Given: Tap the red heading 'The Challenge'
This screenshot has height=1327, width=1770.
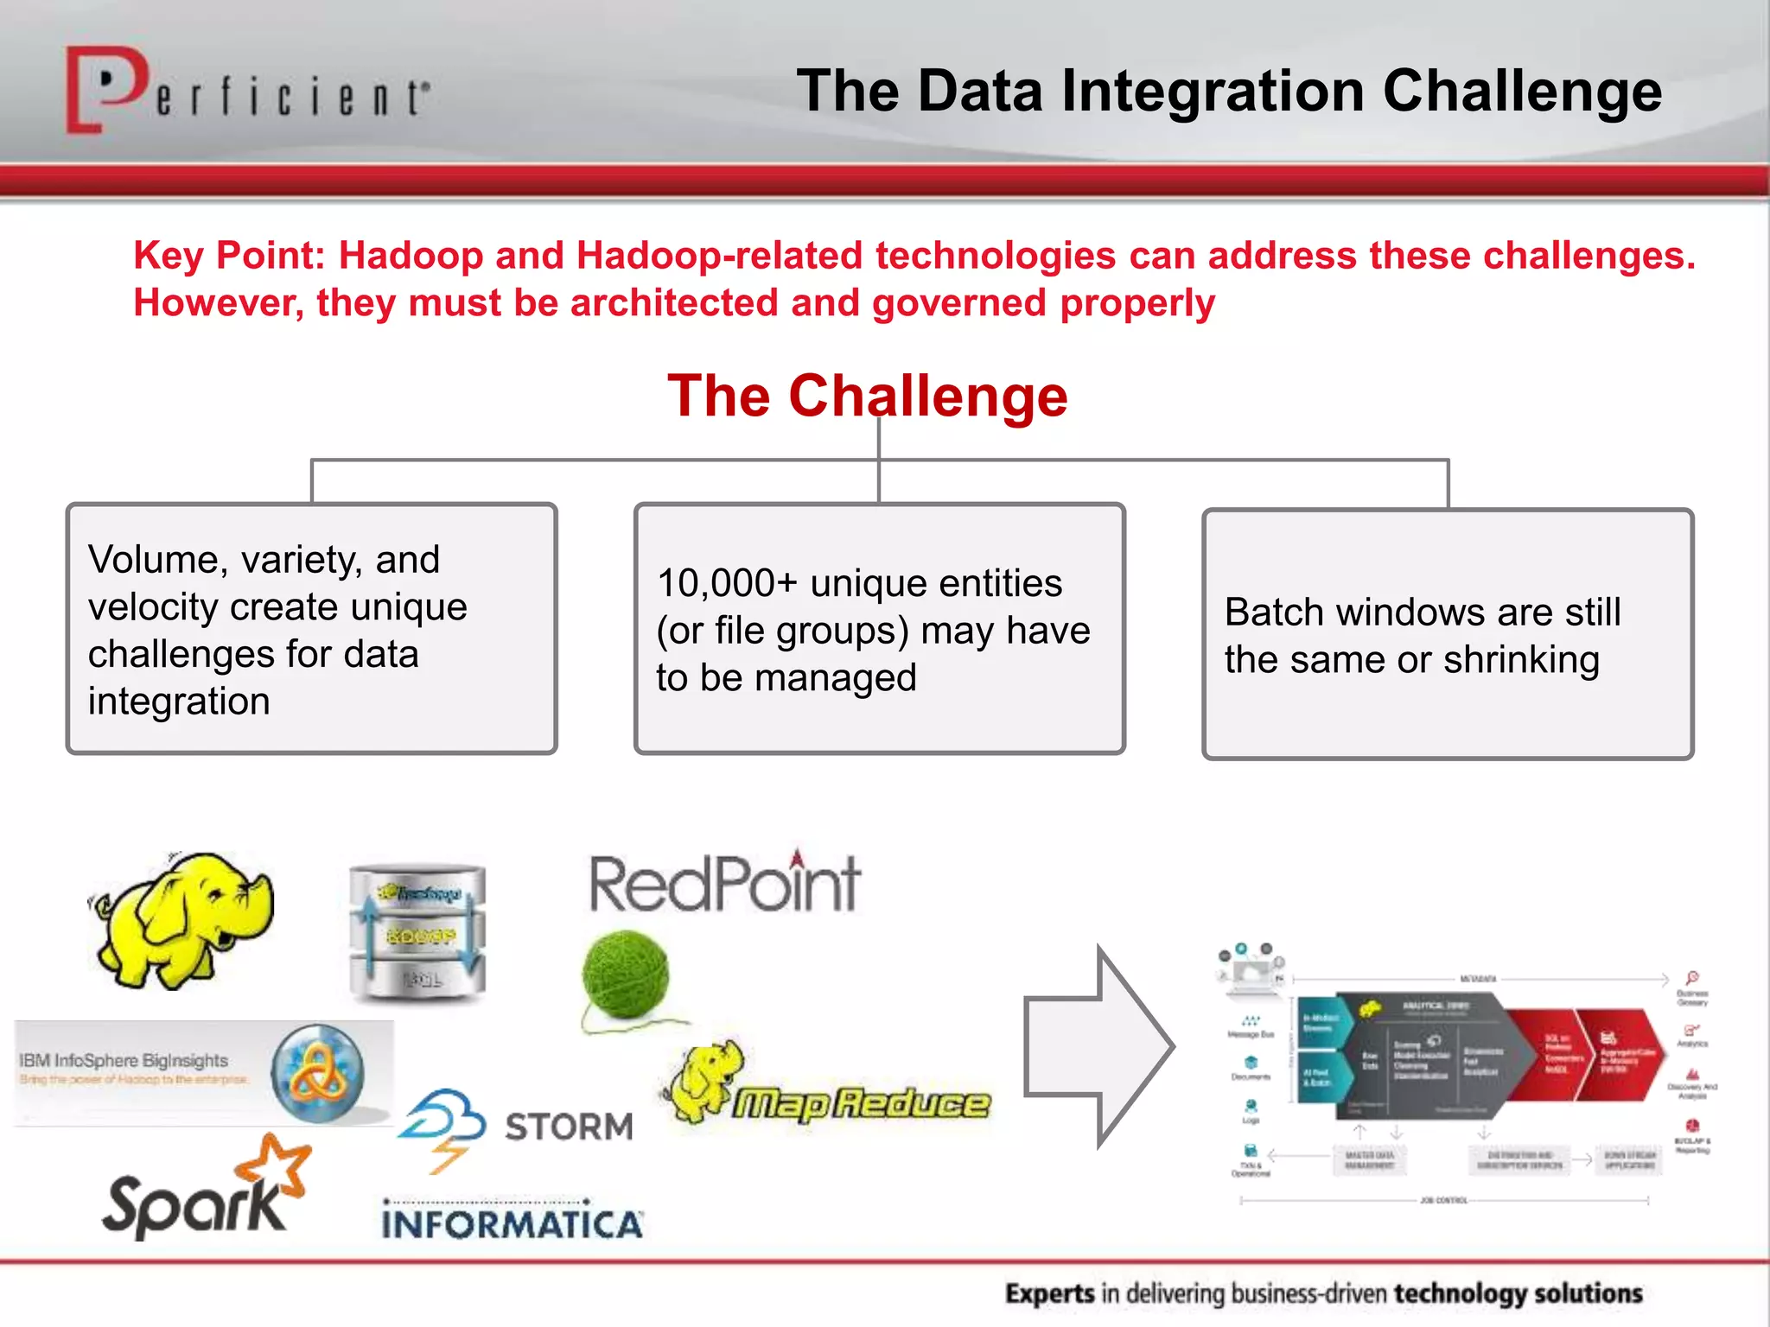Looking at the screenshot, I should tap(867, 396).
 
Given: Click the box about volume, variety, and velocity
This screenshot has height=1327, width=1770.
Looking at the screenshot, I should tap(311, 629).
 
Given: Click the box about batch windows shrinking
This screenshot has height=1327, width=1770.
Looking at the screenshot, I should tap(1447, 635).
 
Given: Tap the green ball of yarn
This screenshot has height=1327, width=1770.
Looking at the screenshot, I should tap(626, 976).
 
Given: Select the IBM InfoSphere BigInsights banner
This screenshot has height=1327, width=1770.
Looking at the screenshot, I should tap(204, 1072).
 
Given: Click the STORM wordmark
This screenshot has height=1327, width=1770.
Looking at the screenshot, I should tap(569, 1127).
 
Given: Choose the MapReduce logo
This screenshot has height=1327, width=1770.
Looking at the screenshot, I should tap(830, 1093).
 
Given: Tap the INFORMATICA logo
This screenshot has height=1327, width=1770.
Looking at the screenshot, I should tap(512, 1222).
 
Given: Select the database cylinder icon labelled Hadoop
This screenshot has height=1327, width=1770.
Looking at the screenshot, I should tap(418, 933).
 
